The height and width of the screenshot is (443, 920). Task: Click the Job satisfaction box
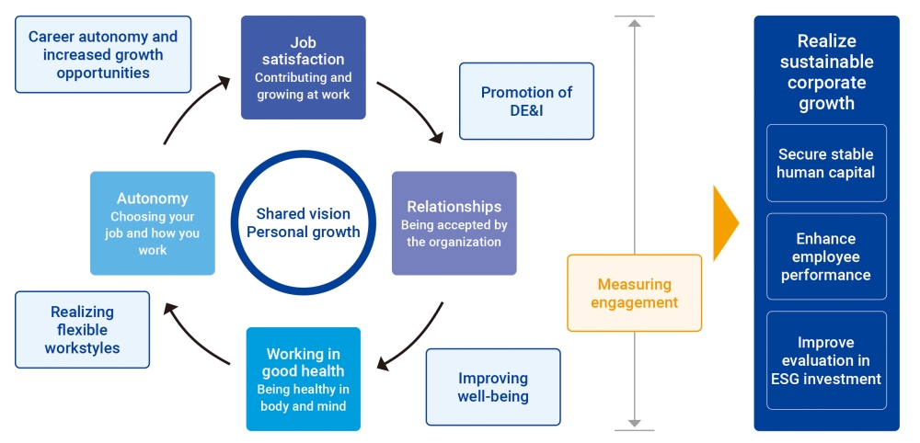(303, 67)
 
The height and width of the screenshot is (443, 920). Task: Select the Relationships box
(454, 222)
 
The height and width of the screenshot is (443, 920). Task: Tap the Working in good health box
(303, 379)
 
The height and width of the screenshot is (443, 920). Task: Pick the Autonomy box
(152, 222)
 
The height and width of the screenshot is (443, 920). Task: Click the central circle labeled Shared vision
(303, 222)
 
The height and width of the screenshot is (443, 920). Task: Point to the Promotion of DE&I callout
(526, 101)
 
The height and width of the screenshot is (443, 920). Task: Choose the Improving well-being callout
(493, 387)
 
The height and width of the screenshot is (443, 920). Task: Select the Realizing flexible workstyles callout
(82, 330)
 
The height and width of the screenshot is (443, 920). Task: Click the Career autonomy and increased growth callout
(103, 54)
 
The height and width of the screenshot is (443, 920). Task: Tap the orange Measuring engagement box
(634, 292)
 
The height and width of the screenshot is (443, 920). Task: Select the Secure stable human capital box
(826, 163)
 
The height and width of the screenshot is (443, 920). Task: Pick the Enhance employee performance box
(826, 256)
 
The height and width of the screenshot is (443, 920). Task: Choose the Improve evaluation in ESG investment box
(826, 360)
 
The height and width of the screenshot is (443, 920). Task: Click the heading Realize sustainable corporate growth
(826, 72)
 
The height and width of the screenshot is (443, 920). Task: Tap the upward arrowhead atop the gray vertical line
(634, 24)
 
